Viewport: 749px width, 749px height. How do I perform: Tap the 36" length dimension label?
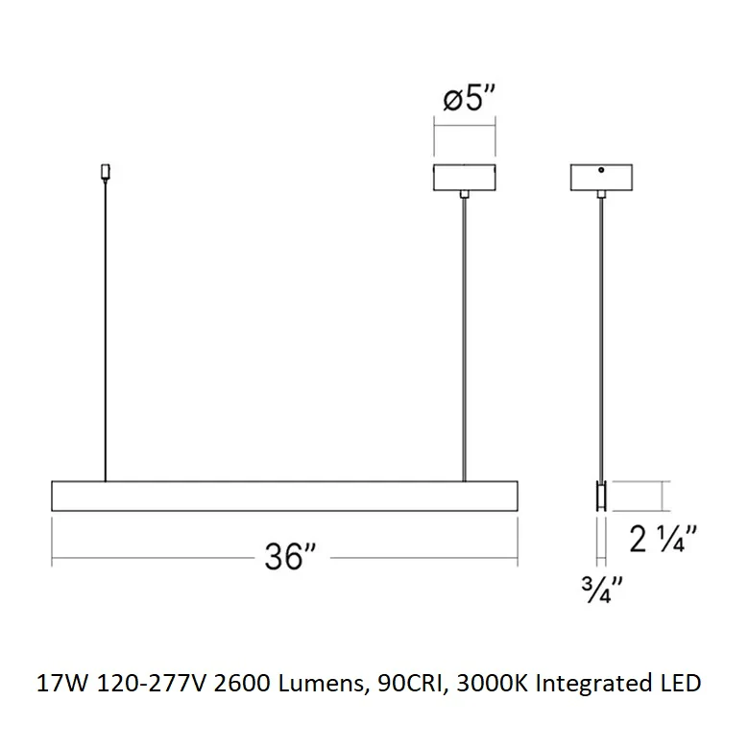click(x=290, y=557)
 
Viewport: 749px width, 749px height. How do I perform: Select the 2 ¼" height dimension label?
click(x=663, y=539)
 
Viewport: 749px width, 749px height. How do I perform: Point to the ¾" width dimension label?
click(x=602, y=590)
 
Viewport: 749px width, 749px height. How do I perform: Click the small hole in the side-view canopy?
click(x=601, y=170)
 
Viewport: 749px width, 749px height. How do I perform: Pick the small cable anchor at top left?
click(x=105, y=172)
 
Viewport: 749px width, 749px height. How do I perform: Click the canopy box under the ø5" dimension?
click(x=465, y=178)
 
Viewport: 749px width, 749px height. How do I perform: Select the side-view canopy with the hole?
click(x=601, y=178)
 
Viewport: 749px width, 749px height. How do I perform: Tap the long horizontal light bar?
click(x=284, y=495)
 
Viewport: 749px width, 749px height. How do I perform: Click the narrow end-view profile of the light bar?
click(x=601, y=495)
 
